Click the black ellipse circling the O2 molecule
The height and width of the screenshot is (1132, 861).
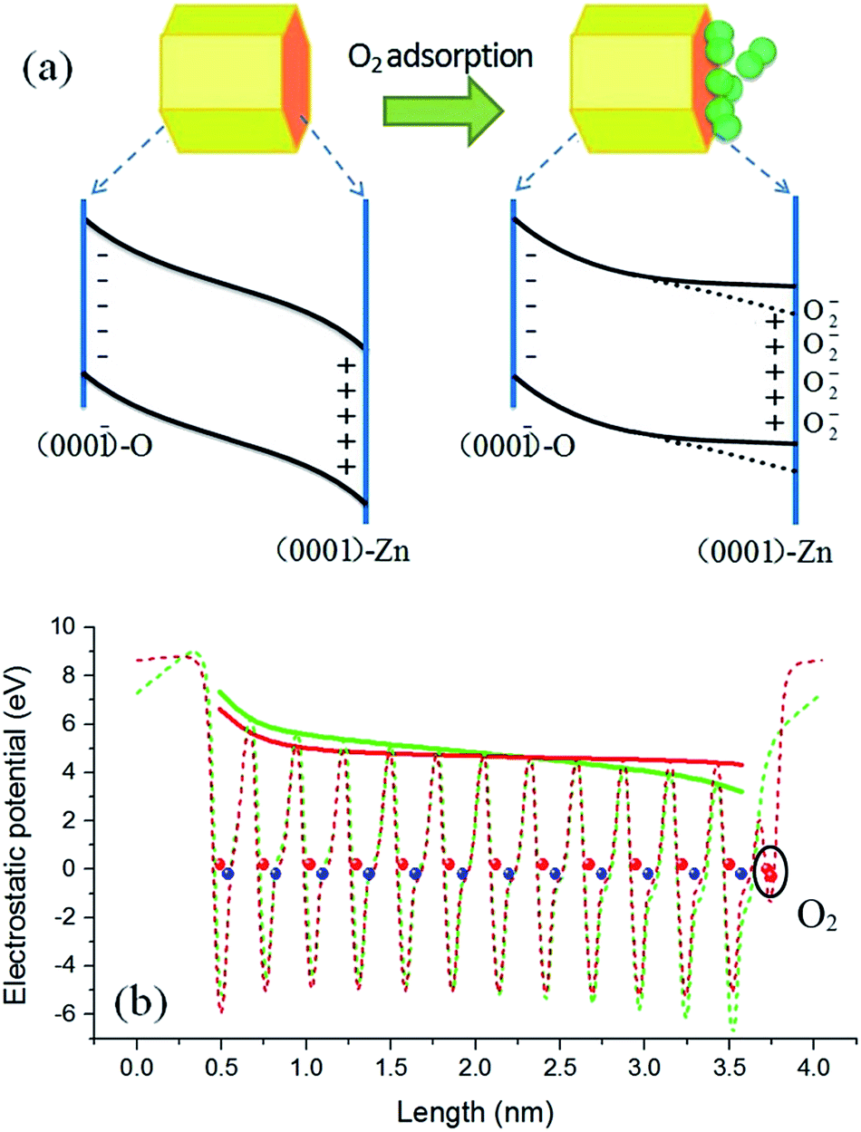pyautogui.click(x=770, y=871)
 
